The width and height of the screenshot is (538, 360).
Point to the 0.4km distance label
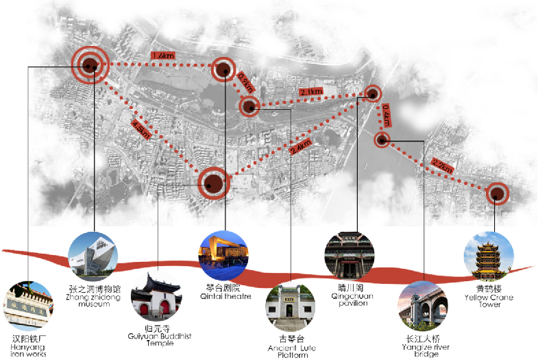pos(387,115)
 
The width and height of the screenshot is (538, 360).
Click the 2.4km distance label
pos(300,147)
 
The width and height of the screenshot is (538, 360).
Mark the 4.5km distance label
pos(140,130)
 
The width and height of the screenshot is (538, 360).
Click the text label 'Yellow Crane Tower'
pos(489,301)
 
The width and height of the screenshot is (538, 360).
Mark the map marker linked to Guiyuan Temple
pos(214,183)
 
